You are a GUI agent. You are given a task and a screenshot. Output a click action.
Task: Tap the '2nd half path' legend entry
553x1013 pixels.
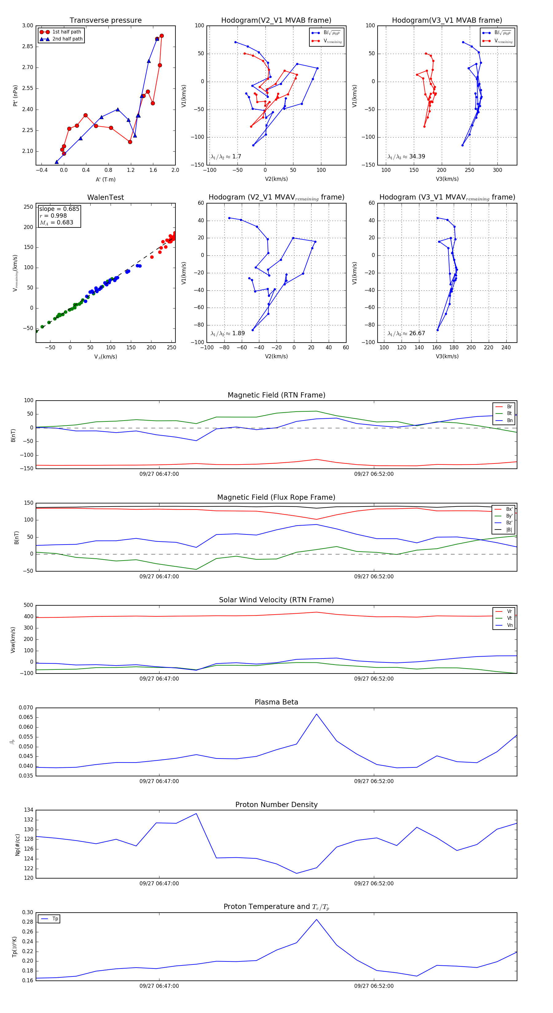pos(67,39)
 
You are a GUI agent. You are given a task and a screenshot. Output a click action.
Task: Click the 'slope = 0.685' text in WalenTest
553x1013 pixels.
pos(59,209)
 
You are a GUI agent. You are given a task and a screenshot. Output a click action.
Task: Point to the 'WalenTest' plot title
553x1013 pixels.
pos(105,197)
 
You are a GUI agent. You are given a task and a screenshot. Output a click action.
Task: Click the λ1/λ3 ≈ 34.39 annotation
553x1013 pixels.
pos(406,157)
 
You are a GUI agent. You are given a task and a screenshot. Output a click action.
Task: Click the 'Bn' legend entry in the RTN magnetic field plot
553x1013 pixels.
pos(509,420)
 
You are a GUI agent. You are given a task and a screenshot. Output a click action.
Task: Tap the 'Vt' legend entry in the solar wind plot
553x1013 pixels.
pos(509,618)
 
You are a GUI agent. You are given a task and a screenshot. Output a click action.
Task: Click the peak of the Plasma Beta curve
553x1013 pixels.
pos(316,714)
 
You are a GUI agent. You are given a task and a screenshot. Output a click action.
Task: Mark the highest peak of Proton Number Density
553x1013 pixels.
pos(196,814)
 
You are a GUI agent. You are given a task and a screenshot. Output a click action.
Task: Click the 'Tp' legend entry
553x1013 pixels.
pos(55,919)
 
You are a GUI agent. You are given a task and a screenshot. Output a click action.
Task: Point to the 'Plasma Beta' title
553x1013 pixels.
pos(276,702)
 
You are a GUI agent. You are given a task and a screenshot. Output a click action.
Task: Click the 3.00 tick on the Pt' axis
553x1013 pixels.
pos(28,25)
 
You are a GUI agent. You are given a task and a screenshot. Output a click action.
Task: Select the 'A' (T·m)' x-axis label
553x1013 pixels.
pos(105,179)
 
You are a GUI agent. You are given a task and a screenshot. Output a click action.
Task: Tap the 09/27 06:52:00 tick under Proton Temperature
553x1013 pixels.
pos(374,986)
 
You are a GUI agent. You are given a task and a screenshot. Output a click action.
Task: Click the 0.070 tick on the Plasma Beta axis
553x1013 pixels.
pos(26,708)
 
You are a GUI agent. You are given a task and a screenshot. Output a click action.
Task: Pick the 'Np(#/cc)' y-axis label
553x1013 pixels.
pos(17,845)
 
